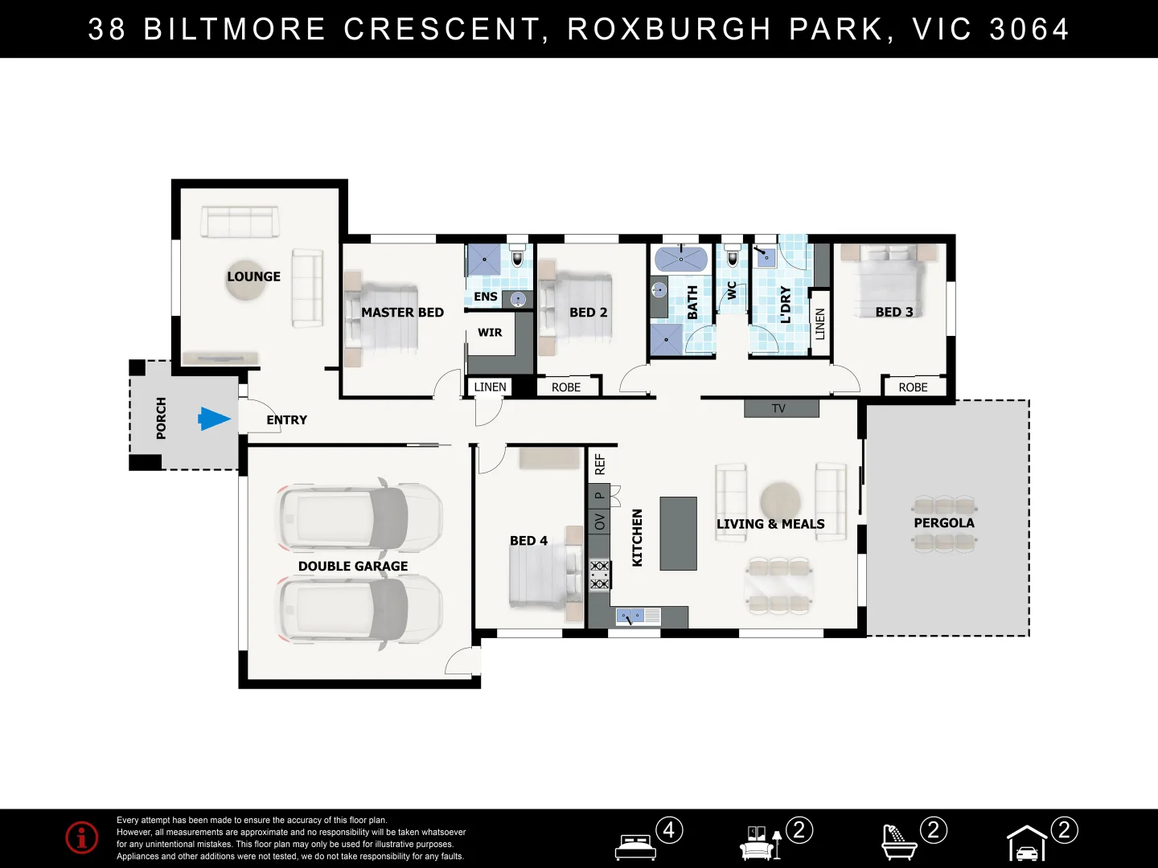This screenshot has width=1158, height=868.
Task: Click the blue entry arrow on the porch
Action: pos(214,419)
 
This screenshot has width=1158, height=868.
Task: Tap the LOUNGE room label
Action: pos(253,276)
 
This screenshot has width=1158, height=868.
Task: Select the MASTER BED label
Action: pos(402,313)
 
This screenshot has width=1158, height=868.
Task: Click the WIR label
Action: pos(490,333)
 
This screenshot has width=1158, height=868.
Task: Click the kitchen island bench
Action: pos(678,534)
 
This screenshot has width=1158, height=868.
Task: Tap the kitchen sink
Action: pos(629,616)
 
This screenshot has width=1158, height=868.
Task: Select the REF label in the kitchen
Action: pos(599,464)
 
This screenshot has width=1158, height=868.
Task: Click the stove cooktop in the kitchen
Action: pos(599,575)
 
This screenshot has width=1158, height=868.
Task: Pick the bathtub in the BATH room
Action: pos(680,260)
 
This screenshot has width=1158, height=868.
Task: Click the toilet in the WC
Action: pos(732,257)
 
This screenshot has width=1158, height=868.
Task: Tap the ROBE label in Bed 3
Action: pos(913,387)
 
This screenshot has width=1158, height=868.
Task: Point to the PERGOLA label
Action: pos(944,523)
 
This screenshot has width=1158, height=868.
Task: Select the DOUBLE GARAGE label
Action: pos(352,567)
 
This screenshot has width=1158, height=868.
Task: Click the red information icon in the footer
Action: pos(82,837)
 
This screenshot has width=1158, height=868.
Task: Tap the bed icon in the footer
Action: pos(635,846)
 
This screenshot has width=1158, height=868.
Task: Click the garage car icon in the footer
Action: pos(1027,845)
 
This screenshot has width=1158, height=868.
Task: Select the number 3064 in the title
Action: pos(1029,30)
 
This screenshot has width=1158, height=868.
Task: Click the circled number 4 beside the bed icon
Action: pos(669,830)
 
